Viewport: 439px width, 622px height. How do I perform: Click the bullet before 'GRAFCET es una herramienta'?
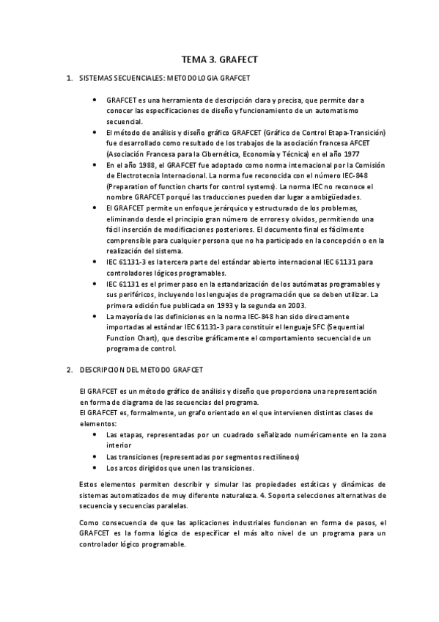[x=98, y=99]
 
